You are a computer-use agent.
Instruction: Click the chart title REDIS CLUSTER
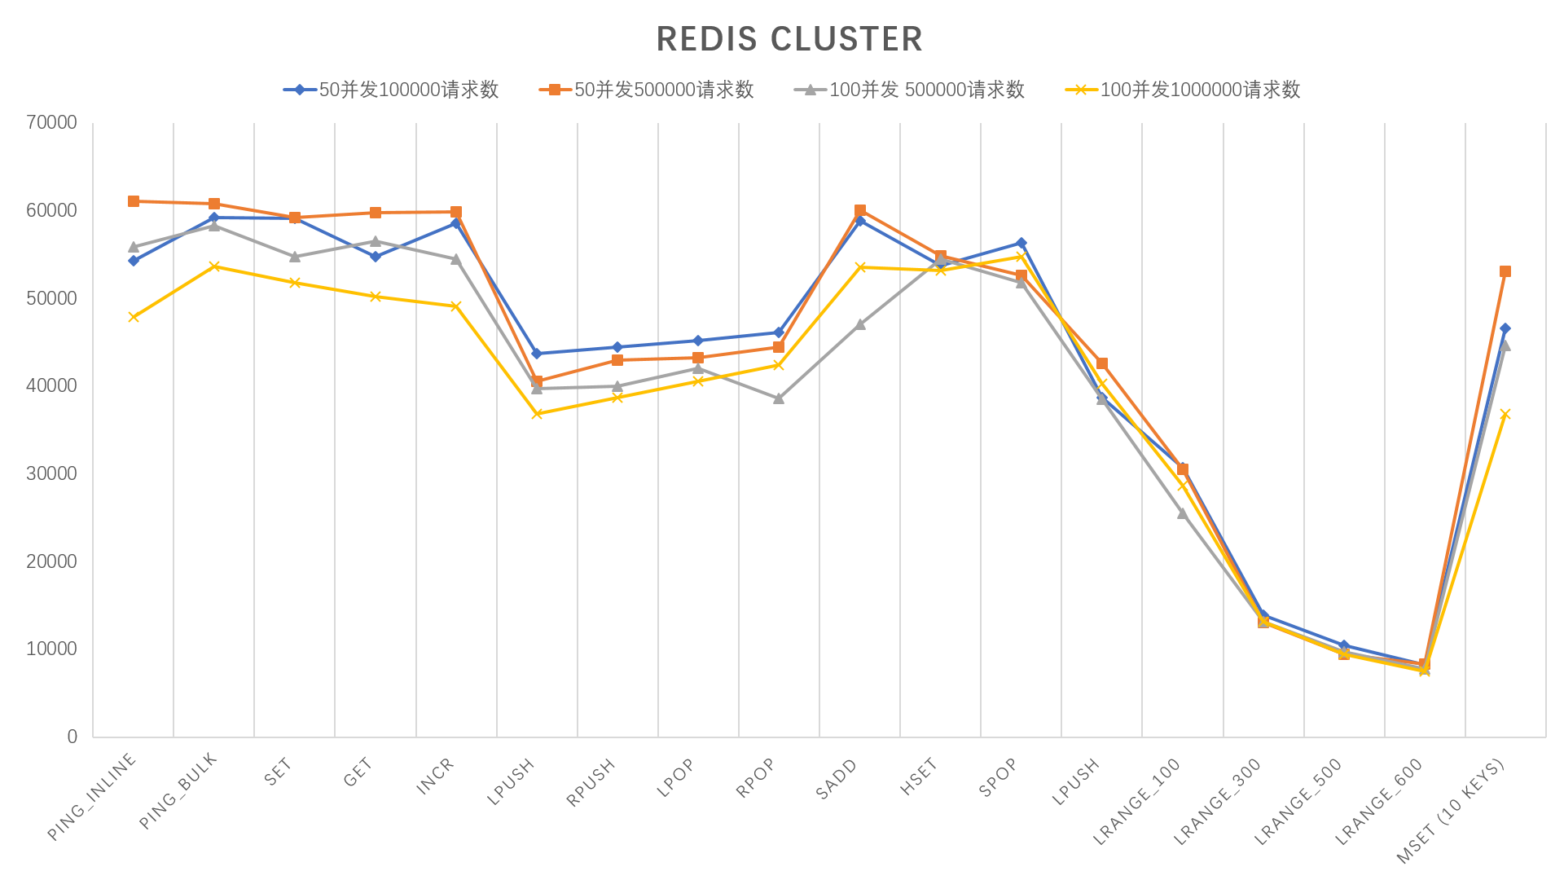pos(789,39)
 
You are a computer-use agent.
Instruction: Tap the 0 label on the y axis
pos(72,737)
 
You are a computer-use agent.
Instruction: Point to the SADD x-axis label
pos(837,779)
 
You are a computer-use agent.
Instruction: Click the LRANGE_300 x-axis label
pos(1217,800)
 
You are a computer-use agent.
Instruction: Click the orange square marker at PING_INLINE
pos(134,201)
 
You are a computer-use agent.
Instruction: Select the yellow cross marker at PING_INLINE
pos(134,317)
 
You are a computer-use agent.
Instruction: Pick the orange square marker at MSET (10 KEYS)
pos(1505,271)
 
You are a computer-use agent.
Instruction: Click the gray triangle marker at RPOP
pos(779,398)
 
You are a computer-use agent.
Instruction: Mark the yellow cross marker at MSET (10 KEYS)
pos(1505,415)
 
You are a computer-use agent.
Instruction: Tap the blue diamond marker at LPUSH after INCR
pos(537,354)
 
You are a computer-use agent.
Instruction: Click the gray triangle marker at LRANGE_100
pos(1183,513)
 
